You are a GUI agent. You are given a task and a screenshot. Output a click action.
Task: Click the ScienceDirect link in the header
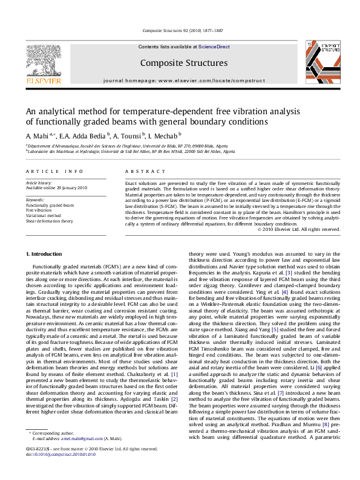click(x=214, y=47)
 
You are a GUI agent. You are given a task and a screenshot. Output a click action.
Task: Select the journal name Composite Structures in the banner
click(x=184, y=62)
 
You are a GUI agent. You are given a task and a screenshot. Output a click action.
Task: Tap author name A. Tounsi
click(x=129, y=137)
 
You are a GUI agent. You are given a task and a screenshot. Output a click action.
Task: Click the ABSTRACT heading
click(x=140, y=172)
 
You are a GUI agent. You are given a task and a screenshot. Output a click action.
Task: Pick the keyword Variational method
click(x=43, y=215)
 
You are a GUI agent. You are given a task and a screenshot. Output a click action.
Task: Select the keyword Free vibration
click(x=38, y=210)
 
